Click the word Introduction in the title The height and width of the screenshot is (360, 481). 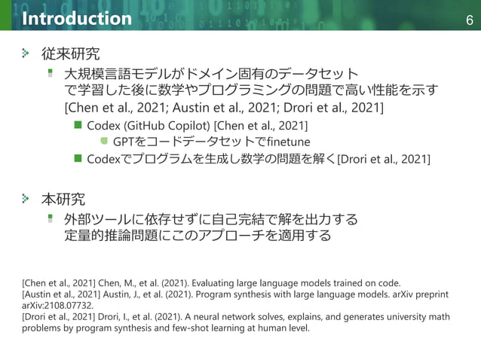(77, 17)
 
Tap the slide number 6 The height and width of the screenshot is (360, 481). (469, 18)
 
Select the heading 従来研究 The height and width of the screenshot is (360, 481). (71, 54)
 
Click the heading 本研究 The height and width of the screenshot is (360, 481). (63, 200)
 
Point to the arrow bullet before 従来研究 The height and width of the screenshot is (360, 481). (27, 54)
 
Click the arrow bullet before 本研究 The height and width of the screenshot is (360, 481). (27, 200)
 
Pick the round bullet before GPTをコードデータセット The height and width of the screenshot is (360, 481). (104, 141)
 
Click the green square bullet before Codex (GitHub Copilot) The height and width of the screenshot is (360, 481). (77, 124)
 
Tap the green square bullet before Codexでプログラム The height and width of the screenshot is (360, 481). (77, 158)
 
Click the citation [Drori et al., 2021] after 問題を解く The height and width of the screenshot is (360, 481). (384, 159)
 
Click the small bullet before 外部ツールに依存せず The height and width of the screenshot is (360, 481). (51, 218)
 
